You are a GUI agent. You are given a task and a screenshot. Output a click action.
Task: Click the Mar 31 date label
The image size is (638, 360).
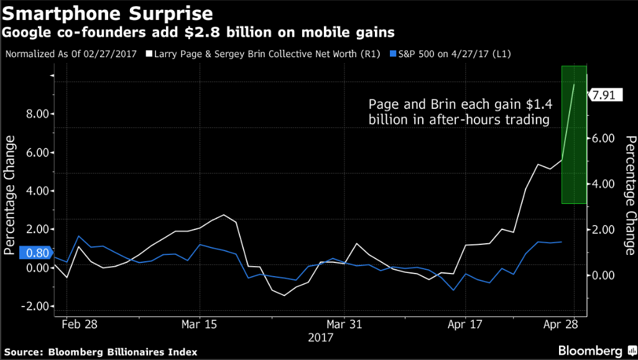(x=344, y=324)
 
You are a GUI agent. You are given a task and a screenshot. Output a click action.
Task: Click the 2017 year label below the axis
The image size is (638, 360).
(x=321, y=338)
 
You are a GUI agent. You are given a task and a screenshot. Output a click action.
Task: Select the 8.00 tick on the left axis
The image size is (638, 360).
(x=36, y=114)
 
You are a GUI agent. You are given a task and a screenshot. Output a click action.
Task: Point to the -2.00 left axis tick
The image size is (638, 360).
(x=35, y=306)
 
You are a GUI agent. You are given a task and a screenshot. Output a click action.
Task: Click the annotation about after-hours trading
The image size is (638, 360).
(x=459, y=112)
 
